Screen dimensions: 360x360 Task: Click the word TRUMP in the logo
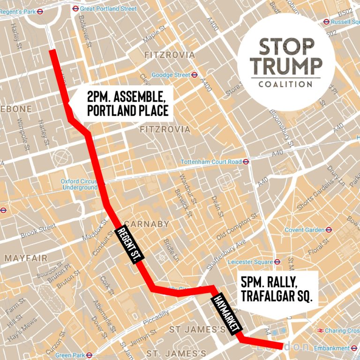286,66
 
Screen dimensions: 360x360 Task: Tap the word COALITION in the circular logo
286,84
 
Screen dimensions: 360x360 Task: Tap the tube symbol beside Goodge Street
194,75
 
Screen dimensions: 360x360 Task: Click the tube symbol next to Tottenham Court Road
246,162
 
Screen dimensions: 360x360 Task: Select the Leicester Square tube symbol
277,262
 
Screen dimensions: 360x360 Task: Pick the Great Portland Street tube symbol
75,8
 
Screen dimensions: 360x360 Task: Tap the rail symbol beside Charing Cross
320,330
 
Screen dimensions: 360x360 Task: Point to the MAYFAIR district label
26,258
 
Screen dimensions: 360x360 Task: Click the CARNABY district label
147,224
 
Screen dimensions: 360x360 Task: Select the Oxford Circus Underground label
79,184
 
